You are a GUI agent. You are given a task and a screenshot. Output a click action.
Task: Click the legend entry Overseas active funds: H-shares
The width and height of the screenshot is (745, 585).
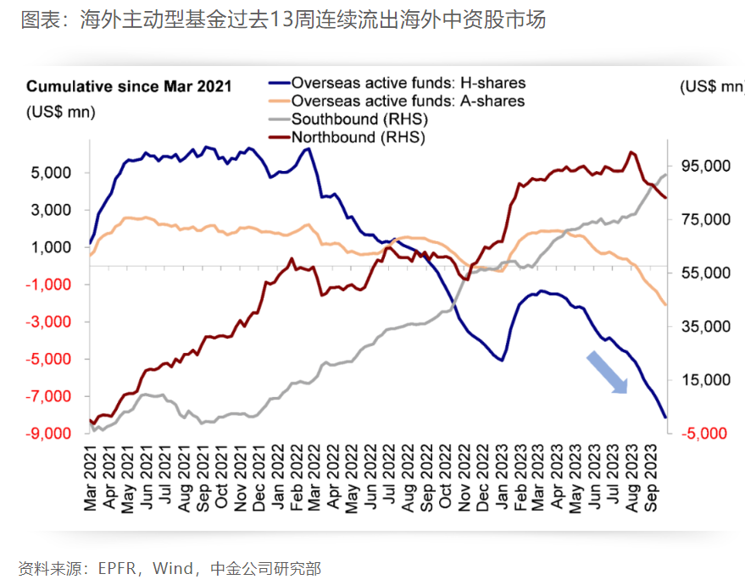pos(408,83)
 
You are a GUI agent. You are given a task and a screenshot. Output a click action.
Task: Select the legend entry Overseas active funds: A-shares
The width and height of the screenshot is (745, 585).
pos(408,101)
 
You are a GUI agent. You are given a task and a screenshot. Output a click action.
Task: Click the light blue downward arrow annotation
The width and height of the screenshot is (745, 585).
pos(607,373)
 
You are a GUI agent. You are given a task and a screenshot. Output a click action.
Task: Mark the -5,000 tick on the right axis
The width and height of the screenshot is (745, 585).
pos(705,433)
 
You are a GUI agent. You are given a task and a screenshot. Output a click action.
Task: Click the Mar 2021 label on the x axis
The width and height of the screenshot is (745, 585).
pos(90,481)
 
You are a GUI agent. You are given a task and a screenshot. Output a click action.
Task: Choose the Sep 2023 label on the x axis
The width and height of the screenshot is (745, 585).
pos(655,481)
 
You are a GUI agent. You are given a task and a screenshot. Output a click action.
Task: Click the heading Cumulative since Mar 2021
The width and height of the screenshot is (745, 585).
pos(129,86)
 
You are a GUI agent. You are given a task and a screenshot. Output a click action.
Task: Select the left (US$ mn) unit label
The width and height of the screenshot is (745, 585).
pos(61,111)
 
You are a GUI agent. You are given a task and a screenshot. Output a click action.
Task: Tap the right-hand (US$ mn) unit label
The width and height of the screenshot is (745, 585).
pos(710,86)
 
